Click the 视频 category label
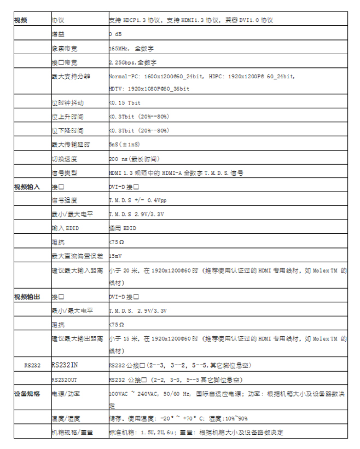pyautogui.click(x=20, y=20)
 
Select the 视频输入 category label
pyautogui.click(x=27, y=187)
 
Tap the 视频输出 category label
pyautogui.click(x=27, y=297)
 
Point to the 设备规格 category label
pyautogui.click(x=27, y=393)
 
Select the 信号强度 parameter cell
pyautogui.click(x=64, y=200)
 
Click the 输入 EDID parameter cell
pyautogui.click(x=65, y=228)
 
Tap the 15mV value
pyautogui.click(x=115, y=256)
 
